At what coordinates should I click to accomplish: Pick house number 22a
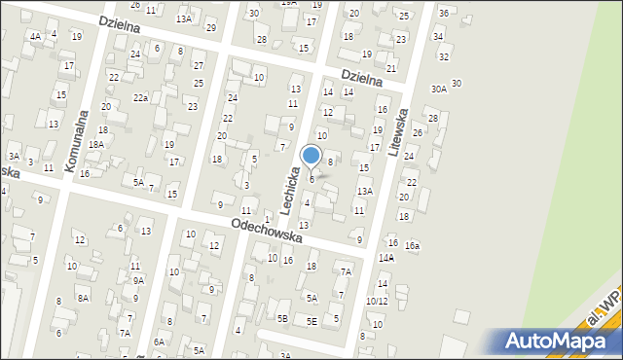(x=141, y=97)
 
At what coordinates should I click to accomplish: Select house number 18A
(x=95, y=144)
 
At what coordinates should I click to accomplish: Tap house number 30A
(x=439, y=89)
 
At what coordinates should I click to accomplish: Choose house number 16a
(x=413, y=246)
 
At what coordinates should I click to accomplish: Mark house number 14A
(x=386, y=258)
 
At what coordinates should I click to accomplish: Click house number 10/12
(x=377, y=301)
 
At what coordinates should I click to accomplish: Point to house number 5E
(x=311, y=321)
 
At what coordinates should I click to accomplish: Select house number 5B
(x=282, y=318)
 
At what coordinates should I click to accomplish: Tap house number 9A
(x=138, y=280)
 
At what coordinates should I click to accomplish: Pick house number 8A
(x=83, y=298)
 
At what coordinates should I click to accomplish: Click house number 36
(x=444, y=13)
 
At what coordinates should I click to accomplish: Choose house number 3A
(x=14, y=156)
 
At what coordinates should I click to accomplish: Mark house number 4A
(x=35, y=36)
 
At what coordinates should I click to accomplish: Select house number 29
(x=211, y=26)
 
